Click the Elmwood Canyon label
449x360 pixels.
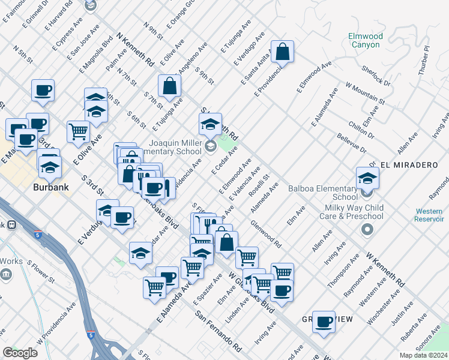tap(364, 40)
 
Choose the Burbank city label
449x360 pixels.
tap(50, 187)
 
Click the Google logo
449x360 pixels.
tap(20, 352)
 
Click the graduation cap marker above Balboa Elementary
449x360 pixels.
tap(367, 177)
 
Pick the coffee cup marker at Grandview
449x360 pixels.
tap(324, 322)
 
